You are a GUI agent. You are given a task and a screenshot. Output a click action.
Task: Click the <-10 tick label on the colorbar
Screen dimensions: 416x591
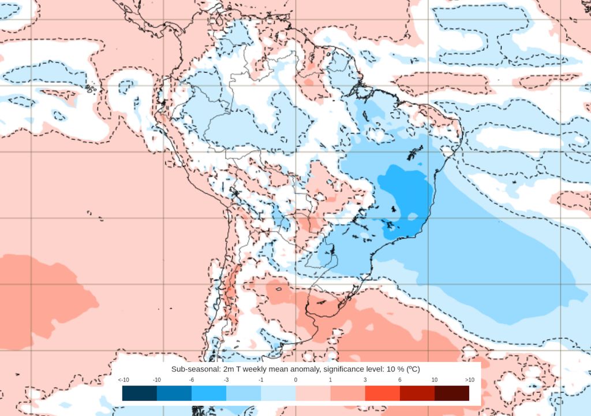tap(123, 380)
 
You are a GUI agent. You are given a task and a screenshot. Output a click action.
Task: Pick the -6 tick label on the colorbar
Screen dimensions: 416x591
tap(192, 380)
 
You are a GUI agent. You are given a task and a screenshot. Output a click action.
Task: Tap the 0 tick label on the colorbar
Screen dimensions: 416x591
tap(295, 380)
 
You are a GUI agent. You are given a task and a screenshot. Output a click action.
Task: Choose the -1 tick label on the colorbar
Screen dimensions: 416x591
tap(261, 380)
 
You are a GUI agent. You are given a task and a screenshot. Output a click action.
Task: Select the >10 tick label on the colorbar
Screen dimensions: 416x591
tap(469, 380)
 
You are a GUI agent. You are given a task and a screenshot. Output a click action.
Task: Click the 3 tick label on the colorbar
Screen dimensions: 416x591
tap(365, 380)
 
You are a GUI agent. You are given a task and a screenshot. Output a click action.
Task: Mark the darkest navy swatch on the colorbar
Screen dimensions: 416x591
tap(140, 393)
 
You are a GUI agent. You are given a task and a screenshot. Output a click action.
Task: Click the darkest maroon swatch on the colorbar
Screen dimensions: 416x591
tap(451, 393)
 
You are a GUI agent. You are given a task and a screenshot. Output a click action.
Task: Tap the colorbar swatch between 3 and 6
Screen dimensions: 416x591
tap(382, 393)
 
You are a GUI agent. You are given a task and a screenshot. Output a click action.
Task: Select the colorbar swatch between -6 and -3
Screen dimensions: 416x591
tap(209, 393)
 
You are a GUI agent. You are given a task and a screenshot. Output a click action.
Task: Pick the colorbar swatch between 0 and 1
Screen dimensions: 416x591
tap(313, 393)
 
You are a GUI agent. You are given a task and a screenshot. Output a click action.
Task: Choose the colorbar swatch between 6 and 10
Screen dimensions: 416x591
tap(417, 393)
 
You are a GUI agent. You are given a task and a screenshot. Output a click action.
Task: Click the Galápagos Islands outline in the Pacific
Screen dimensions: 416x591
tap(90, 88)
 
